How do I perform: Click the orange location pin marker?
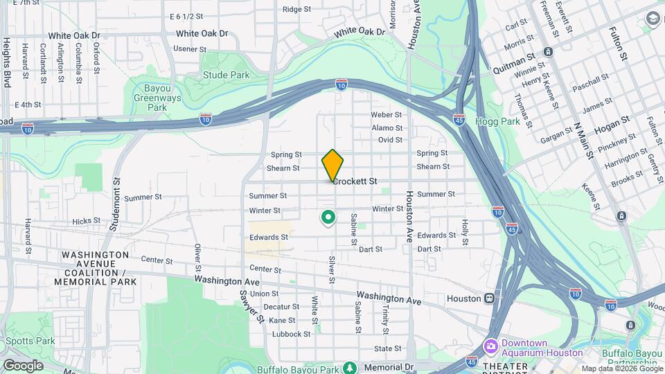(332, 165)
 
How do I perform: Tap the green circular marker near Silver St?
(328, 218)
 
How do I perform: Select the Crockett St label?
(355, 181)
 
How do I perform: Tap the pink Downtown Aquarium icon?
(491, 345)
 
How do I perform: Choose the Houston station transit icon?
(490, 299)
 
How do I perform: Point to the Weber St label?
(387, 114)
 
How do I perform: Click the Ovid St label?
(390, 140)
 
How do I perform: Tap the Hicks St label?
(87, 222)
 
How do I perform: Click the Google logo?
(24, 365)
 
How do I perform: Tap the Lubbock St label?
(291, 334)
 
